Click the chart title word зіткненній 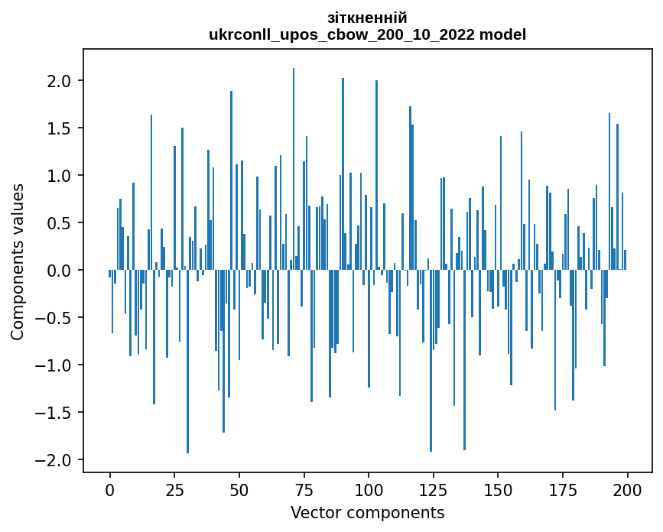click(x=367, y=18)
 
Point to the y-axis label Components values click(x=18, y=261)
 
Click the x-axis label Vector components click(x=367, y=512)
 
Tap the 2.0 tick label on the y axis click(x=60, y=81)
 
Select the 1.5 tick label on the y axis click(x=60, y=128)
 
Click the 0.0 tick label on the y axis click(x=60, y=271)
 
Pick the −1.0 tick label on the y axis click(x=54, y=365)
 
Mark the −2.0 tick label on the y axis click(x=54, y=460)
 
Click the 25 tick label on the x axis click(x=174, y=489)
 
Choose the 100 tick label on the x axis click(x=369, y=489)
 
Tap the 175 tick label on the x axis click(x=563, y=489)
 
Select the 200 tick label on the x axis click(x=627, y=489)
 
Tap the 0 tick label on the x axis click(x=110, y=489)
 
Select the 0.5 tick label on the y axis click(x=60, y=223)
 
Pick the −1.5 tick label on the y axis click(x=54, y=413)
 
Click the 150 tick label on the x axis click(x=498, y=489)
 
